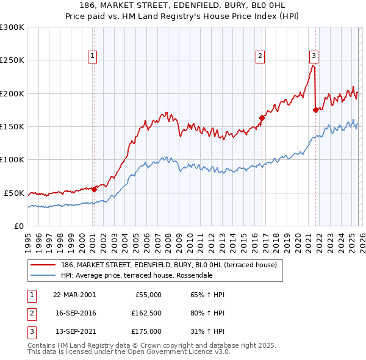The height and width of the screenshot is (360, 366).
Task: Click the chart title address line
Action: (183, 5)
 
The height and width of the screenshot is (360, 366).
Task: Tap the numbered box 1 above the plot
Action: (92, 56)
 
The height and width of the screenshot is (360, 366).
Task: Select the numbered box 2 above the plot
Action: (260, 56)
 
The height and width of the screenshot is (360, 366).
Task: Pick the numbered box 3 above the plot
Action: (314, 56)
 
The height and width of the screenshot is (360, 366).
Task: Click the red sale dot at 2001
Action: (95, 189)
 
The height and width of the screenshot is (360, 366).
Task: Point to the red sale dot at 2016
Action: (262, 118)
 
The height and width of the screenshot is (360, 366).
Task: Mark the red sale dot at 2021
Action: (315, 110)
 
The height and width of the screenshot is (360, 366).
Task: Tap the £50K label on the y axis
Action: (14, 193)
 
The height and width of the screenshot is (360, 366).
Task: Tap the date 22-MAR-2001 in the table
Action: (74, 295)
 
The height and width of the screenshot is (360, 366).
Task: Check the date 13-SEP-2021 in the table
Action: (74, 331)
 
